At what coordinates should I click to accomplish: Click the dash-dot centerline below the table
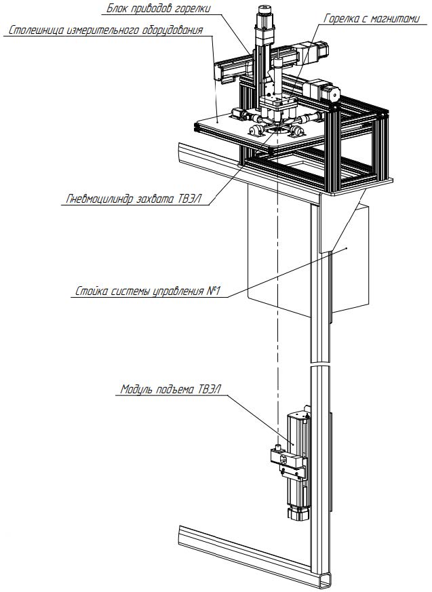tap(277, 305)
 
